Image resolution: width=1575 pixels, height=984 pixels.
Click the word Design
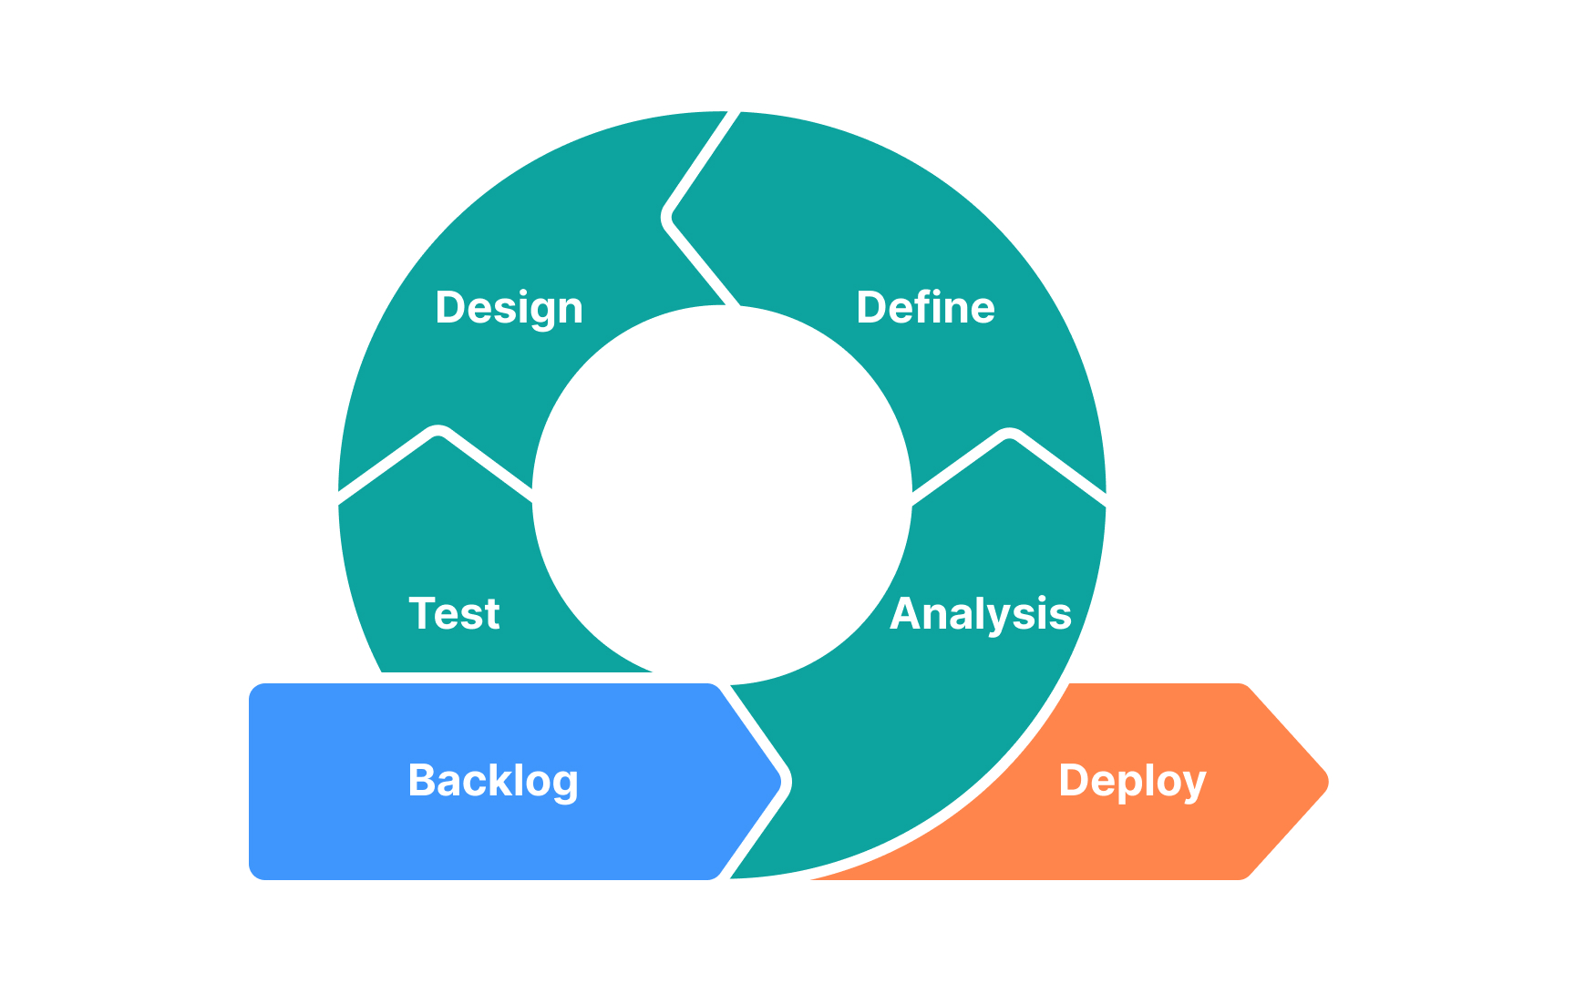coord(509,308)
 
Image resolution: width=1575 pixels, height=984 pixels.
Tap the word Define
coord(925,308)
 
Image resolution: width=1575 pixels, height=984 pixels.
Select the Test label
coord(454,613)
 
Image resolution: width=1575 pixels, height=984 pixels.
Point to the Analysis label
coord(980,614)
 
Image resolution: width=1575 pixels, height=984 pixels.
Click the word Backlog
coord(493,781)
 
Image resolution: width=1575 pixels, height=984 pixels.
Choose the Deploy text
coord(1132,781)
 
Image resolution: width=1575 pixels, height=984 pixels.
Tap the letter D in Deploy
coord(1073,780)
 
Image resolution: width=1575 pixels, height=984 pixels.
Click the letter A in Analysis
coord(906,613)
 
